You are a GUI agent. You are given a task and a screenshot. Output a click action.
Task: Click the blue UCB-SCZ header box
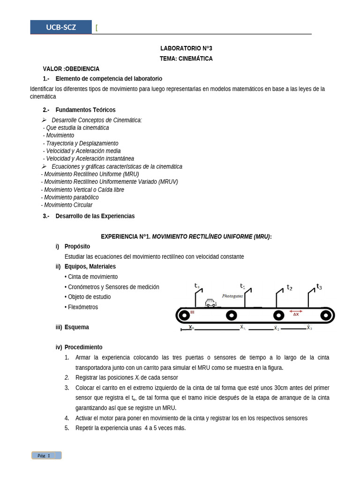pos(61,27)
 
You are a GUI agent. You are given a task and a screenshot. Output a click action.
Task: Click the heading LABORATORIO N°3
pos(186,48)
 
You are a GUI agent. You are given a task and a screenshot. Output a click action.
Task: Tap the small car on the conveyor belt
pos(210,303)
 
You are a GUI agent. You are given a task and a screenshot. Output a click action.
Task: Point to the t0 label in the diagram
pos(197,285)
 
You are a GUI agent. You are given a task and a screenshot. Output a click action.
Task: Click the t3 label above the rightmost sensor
pos(319,286)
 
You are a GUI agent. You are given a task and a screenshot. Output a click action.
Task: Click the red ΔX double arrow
pos(296,311)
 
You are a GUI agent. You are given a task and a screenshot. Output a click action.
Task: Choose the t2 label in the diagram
pos(290,288)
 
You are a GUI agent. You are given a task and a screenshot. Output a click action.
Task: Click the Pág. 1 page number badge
pos(46,455)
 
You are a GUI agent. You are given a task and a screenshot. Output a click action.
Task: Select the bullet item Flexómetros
pos(82,307)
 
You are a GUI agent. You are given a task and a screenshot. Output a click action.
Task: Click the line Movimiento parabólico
pos(71,197)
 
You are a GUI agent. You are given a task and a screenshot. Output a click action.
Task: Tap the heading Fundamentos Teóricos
pos(85,110)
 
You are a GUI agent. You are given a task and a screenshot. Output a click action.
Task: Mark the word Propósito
pos(77,246)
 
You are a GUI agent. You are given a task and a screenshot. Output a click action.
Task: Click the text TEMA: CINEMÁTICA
pos(186,59)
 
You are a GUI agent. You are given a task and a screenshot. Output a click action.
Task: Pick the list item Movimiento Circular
pos(67,205)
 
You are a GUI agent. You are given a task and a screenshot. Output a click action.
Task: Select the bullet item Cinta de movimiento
pos(92,277)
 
